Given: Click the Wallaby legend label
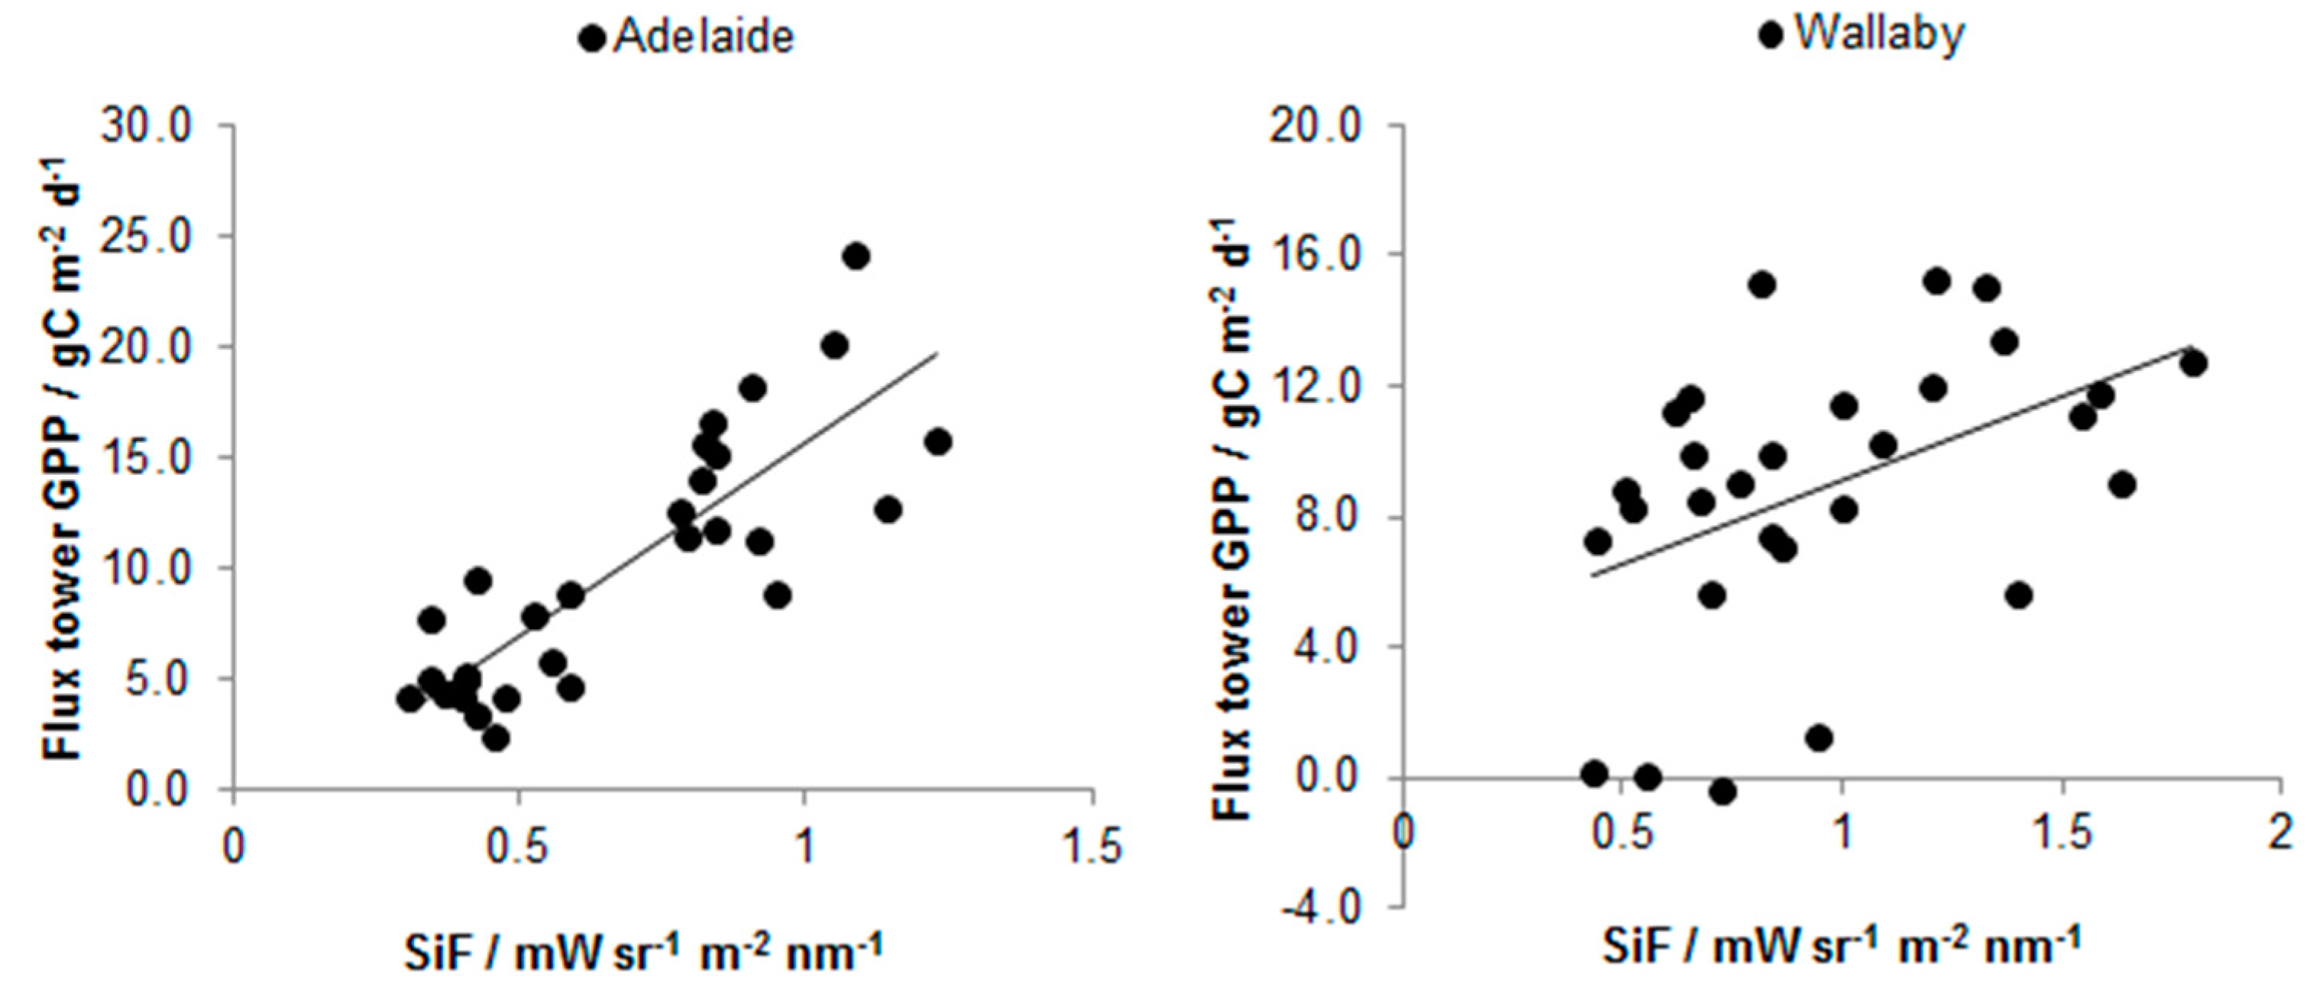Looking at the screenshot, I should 1879,34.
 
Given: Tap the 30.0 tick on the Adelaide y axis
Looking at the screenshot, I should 147,127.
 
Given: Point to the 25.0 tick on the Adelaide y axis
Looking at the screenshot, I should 147,238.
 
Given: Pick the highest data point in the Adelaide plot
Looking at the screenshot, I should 856,256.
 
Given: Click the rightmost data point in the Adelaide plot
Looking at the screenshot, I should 937,442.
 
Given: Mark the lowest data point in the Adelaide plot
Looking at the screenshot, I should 496,739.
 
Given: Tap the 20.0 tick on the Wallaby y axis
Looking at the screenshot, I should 1315,127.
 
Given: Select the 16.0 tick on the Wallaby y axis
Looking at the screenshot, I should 1315,255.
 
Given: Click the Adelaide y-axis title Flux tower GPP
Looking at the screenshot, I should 63,458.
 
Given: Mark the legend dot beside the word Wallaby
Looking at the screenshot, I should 1770,35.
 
